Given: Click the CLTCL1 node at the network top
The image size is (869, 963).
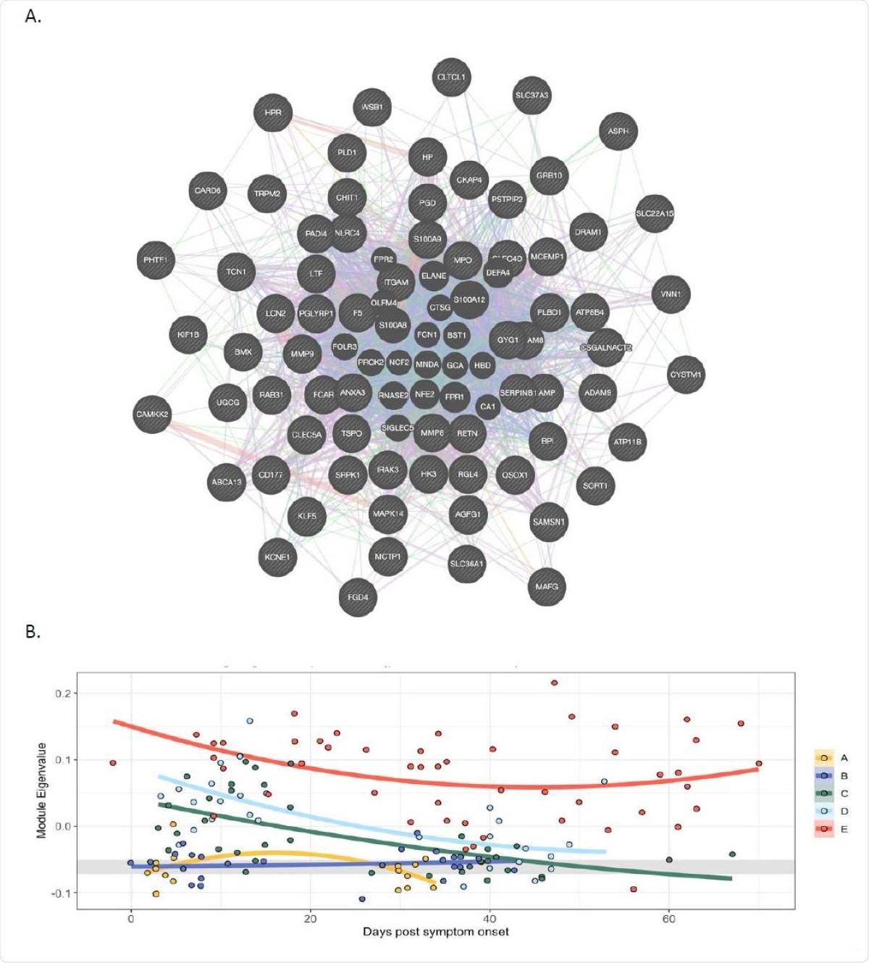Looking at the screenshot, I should [451, 78].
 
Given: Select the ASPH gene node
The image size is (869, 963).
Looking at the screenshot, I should [618, 131].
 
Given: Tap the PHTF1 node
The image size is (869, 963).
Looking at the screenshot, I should [155, 260].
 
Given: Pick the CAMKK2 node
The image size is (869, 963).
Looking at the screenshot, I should [152, 414].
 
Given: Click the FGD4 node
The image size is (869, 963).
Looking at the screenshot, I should [358, 598].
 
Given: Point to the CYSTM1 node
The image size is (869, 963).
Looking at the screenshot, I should [685, 375].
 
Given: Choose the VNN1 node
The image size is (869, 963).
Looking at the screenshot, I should [671, 294].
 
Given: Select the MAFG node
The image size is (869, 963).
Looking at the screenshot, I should [547, 587].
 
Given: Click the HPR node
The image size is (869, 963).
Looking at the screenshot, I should [273, 113].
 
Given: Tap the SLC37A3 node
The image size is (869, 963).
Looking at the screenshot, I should [532, 96].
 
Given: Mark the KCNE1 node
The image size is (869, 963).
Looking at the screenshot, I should [277, 557].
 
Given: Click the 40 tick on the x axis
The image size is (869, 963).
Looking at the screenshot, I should [490, 919].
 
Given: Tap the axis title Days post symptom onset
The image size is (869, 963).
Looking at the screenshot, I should [435, 932].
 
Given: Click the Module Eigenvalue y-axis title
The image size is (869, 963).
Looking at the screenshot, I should [41, 791].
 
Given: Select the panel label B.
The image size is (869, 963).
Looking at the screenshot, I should [33, 632].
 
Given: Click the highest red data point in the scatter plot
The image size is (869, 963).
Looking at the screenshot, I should [554, 683].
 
